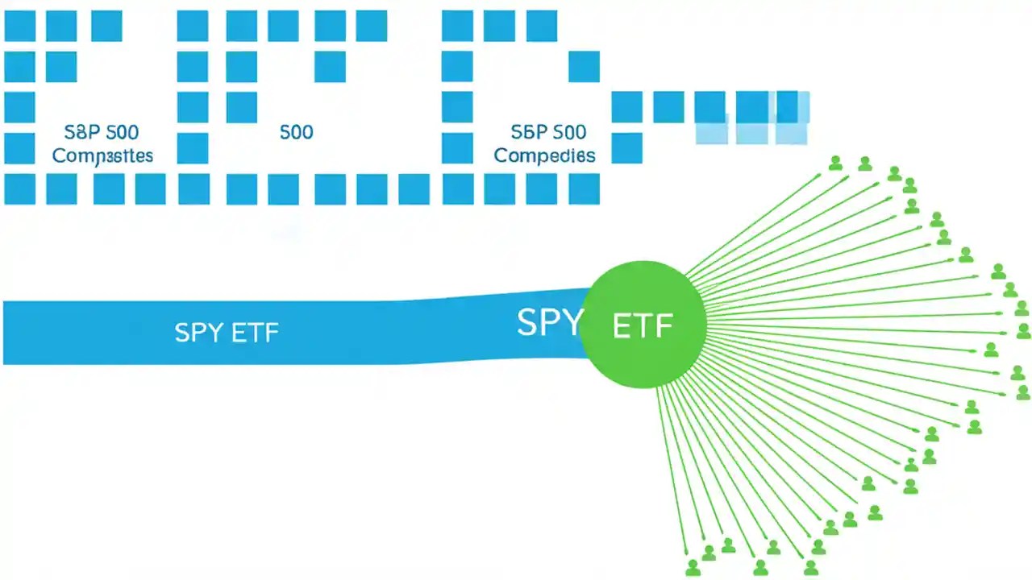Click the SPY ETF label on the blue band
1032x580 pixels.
pyautogui.click(x=227, y=332)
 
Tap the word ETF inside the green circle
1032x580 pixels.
pyautogui.click(x=643, y=326)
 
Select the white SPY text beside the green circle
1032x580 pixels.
pyautogui.click(x=548, y=322)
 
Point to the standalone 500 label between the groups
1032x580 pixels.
pyautogui.click(x=296, y=132)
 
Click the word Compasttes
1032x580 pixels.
pyautogui.click(x=102, y=155)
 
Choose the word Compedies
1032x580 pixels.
pyautogui.click(x=544, y=155)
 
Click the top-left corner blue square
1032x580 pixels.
pyautogui.click(x=19, y=26)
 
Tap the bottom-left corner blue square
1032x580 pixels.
pyautogui.click(x=19, y=188)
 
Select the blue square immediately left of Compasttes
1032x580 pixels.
pyautogui.click(x=19, y=148)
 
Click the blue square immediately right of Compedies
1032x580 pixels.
pyautogui.click(x=627, y=148)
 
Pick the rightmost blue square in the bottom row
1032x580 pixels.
pyautogui.click(x=584, y=188)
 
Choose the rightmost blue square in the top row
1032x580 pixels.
pyautogui.click(x=542, y=26)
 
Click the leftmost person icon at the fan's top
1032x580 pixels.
pyautogui.click(x=836, y=164)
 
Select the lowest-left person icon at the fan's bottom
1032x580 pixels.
pyautogui.click(x=693, y=567)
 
